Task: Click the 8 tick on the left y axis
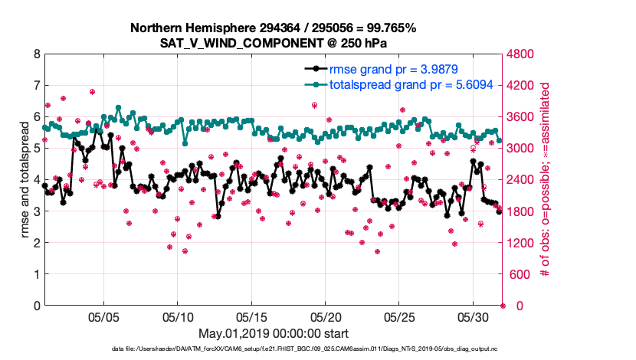36,54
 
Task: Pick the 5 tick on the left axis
36,149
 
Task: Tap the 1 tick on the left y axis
36,274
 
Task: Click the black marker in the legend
314,70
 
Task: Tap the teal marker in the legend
314,85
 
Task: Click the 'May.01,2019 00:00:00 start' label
274,334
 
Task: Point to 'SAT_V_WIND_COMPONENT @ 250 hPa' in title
274,43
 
